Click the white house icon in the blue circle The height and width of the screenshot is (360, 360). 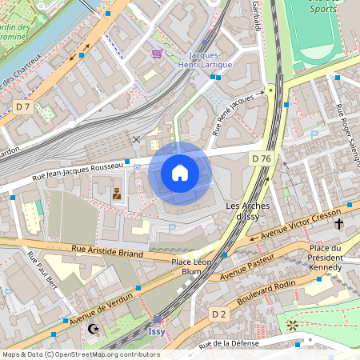tap(180, 173)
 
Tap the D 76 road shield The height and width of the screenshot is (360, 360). tap(261, 158)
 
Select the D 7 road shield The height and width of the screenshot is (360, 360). tap(22, 106)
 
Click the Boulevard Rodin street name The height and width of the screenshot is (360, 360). tap(266, 290)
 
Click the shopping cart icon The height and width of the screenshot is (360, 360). tap(156, 54)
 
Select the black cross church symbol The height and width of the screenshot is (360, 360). tap(339, 224)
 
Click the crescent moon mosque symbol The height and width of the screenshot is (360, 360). tap(94, 328)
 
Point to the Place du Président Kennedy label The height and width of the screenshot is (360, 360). tap(326, 258)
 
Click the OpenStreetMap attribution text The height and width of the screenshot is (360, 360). tap(81, 354)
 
